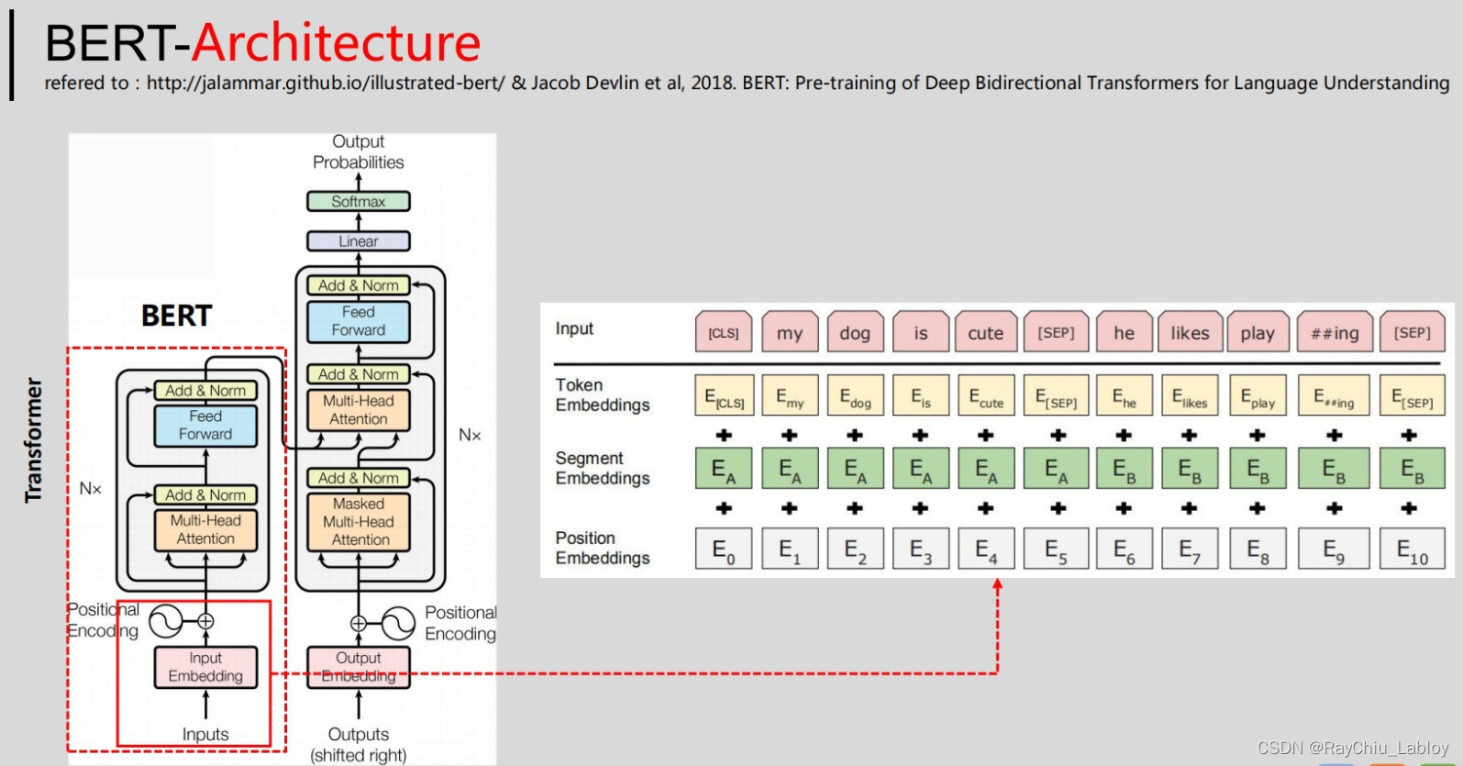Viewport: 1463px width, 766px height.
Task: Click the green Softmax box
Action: tap(358, 202)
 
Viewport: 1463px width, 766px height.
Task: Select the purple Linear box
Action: tap(358, 241)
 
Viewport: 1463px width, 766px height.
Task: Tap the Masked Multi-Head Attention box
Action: tap(359, 522)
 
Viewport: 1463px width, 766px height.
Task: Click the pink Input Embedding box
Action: tap(205, 667)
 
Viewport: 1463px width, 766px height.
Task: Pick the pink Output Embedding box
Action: tap(359, 667)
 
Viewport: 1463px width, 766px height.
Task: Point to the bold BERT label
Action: tap(176, 316)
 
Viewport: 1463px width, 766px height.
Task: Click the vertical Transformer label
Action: tap(34, 440)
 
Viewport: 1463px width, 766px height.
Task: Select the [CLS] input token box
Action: tap(724, 333)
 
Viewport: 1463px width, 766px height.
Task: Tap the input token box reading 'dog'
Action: tap(855, 333)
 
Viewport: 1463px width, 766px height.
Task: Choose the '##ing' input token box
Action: tap(1335, 333)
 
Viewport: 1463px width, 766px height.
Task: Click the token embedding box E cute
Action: tap(986, 396)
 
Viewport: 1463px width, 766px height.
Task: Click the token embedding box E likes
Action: tap(1190, 396)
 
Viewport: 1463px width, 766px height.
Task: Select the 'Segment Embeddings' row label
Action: tap(603, 468)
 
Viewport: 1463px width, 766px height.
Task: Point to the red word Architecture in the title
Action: tap(337, 42)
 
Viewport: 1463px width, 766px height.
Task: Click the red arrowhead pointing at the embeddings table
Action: tap(998, 584)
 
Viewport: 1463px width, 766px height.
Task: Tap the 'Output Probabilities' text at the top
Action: tap(358, 152)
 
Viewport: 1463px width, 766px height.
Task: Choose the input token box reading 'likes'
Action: tap(1190, 333)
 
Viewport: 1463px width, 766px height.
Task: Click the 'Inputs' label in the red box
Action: tap(205, 735)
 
